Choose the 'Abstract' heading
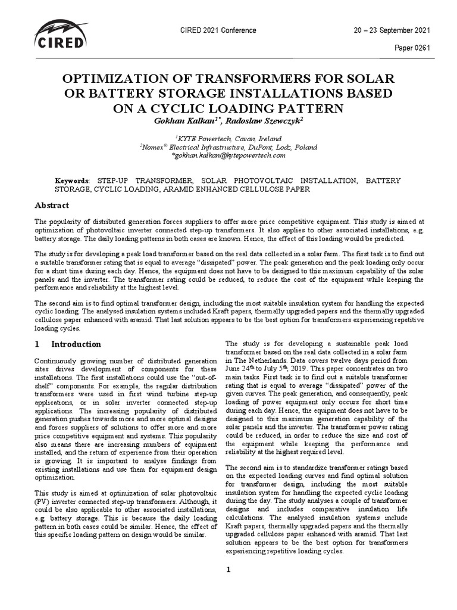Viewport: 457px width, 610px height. [x=51, y=206]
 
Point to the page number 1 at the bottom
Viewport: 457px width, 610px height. [x=228, y=570]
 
